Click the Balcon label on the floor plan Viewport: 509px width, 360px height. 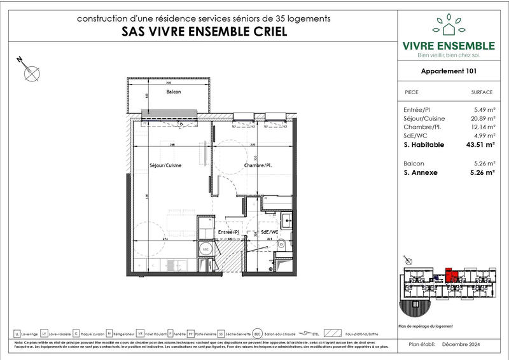(x=173, y=92)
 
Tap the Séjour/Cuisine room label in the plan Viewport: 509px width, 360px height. (x=165, y=165)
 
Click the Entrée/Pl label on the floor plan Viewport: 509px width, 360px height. (x=228, y=233)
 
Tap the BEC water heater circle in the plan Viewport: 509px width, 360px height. (x=205, y=250)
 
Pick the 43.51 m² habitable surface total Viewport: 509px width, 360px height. (x=480, y=144)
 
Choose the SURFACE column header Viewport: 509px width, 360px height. (x=482, y=92)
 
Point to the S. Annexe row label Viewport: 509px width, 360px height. (x=421, y=172)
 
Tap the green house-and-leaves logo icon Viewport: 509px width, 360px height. (x=449, y=25)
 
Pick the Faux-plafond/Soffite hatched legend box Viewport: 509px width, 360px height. (x=332, y=333)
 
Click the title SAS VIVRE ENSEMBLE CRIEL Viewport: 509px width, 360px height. (x=203, y=32)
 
